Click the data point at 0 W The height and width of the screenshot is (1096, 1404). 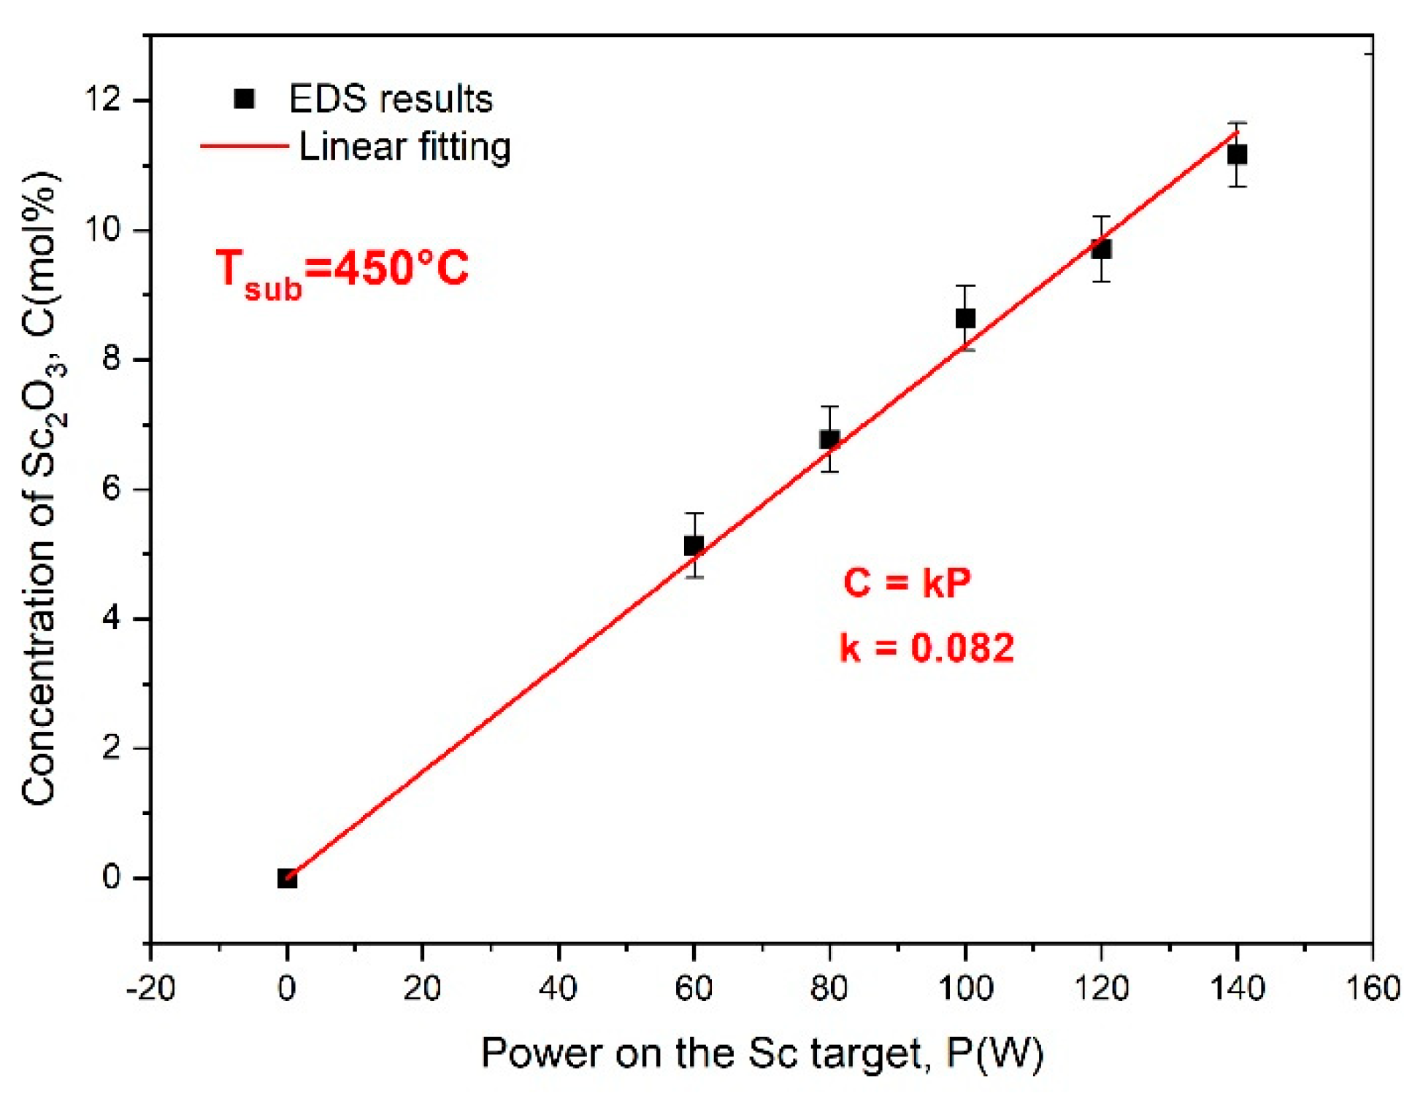point(287,879)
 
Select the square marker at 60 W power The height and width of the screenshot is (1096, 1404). point(694,545)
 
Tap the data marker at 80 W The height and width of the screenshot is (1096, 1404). point(829,439)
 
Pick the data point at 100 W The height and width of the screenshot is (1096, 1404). point(965,318)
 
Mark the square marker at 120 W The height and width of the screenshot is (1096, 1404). point(1101,250)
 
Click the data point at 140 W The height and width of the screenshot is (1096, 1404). point(1237,155)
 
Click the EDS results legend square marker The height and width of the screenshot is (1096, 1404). point(244,99)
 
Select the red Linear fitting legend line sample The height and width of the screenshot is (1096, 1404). point(245,147)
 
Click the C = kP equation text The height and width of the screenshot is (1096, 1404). point(906,582)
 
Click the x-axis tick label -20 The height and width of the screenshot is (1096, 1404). point(150,989)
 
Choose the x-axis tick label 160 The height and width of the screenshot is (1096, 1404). point(1373,989)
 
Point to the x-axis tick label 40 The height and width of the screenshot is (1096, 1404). point(558,989)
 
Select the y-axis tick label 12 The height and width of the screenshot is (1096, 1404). point(102,99)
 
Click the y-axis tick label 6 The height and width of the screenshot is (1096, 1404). point(111,488)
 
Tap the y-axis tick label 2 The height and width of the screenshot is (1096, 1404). point(111,748)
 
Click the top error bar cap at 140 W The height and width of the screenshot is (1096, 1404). point(1237,123)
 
